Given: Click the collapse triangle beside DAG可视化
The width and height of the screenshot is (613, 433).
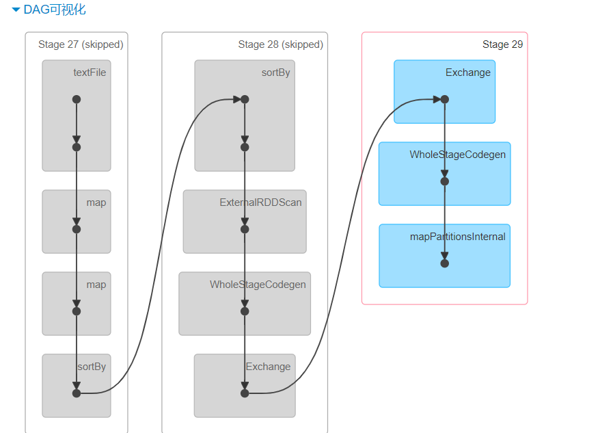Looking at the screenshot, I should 16,10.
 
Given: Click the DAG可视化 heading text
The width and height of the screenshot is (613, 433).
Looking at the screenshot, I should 55,10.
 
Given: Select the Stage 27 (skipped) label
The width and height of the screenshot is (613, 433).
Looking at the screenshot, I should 81,44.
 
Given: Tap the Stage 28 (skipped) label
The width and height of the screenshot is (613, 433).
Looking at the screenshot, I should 280,44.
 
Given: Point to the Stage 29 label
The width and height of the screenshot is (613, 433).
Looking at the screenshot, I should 502,44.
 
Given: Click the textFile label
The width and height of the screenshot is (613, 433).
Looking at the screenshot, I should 90,73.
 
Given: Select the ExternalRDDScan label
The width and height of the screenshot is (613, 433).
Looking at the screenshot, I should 260,202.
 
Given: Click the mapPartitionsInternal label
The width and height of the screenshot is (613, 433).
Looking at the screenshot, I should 457,237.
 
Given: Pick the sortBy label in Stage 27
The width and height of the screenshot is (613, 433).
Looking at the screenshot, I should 92,367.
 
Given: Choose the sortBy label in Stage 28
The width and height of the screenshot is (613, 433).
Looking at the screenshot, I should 275,73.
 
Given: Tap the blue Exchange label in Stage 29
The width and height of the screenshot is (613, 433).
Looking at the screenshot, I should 467,73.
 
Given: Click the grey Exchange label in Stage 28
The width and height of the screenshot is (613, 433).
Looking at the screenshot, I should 268,367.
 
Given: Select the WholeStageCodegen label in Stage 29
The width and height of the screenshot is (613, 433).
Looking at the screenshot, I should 457,155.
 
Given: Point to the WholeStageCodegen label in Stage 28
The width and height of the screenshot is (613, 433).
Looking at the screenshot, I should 258,285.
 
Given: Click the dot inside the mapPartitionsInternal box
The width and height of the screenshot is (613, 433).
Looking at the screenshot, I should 445,263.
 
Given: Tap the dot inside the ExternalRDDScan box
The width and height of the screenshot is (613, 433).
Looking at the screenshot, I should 245,229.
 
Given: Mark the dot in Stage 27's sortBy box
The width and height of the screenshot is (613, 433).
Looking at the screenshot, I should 77,393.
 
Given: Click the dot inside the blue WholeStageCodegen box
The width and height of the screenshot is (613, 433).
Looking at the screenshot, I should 445,181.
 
